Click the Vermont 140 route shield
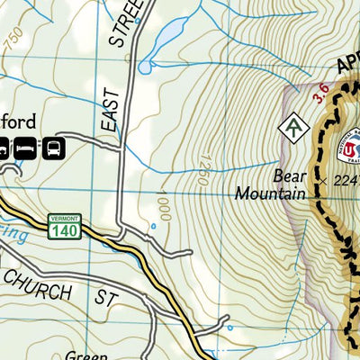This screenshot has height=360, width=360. click(64, 228)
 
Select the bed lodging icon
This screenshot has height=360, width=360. click(24, 146)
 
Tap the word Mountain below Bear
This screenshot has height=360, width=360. click(269, 192)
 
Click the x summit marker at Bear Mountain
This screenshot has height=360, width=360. click(323, 180)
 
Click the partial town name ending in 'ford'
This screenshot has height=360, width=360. click(20, 121)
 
